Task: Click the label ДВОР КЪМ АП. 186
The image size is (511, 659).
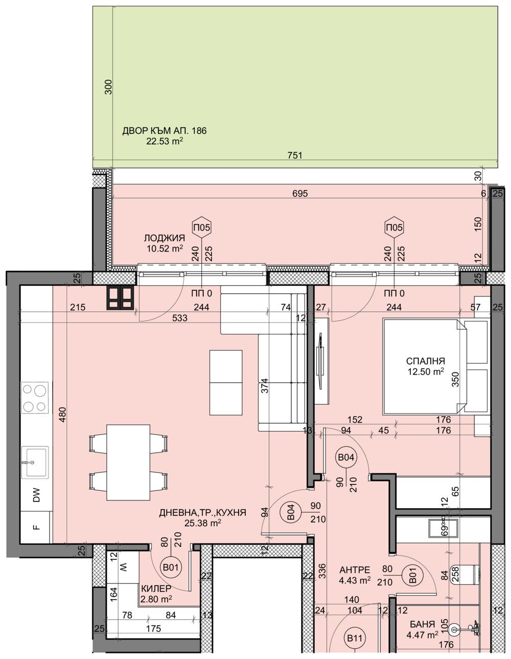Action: tap(164, 131)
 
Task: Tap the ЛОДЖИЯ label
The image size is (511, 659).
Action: tap(164, 238)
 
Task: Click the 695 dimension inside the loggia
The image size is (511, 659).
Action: tap(299, 194)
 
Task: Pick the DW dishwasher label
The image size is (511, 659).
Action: tap(36, 495)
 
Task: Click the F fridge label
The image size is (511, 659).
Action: tap(36, 527)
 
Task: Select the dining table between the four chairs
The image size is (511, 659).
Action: tap(128, 462)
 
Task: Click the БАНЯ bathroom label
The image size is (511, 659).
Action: tap(422, 624)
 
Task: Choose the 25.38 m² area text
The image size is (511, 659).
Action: tap(203, 522)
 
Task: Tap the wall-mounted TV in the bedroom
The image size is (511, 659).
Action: tap(320, 363)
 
